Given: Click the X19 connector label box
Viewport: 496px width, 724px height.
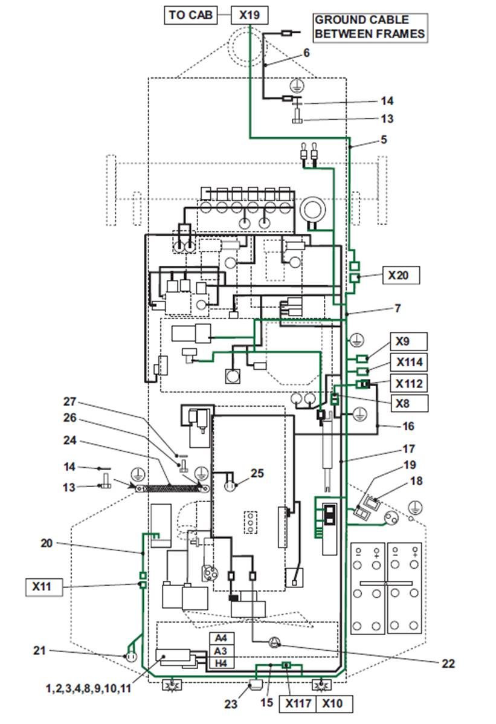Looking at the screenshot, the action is [x=249, y=15].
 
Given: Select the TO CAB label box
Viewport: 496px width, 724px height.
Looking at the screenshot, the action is [x=190, y=15].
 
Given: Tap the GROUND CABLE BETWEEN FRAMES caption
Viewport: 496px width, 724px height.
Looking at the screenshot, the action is [x=370, y=27].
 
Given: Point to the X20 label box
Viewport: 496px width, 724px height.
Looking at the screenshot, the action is [x=401, y=275].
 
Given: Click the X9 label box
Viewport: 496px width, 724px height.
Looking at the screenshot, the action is [x=408, y=341].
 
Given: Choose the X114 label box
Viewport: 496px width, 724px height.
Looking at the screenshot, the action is [x=409, y=362].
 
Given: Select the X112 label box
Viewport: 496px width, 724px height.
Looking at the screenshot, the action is [x=409, y=383].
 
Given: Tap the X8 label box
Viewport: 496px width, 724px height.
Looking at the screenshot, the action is [x=409, y=403].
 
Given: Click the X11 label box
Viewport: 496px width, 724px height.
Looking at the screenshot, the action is [x=44, y=587].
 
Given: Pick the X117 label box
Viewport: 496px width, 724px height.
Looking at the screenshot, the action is [x=298, y=703].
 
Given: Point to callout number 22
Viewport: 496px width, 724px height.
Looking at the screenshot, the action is [x=448, y=664].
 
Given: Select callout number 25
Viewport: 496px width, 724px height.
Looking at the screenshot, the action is [x=257, y=473].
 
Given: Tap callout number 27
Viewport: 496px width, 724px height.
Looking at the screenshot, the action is [x=69, y=402].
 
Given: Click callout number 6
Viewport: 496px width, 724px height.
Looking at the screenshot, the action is [x=306, y=53].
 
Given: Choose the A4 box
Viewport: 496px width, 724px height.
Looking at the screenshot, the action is [x=222, y=638].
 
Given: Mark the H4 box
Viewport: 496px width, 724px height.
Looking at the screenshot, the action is [x=222, y=663].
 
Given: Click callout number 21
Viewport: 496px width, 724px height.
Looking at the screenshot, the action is [x=40, y=651].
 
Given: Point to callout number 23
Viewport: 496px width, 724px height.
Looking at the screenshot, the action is [x=231, y=703].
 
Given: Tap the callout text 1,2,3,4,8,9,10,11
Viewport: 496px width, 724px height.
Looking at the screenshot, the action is [x=89, y=688].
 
